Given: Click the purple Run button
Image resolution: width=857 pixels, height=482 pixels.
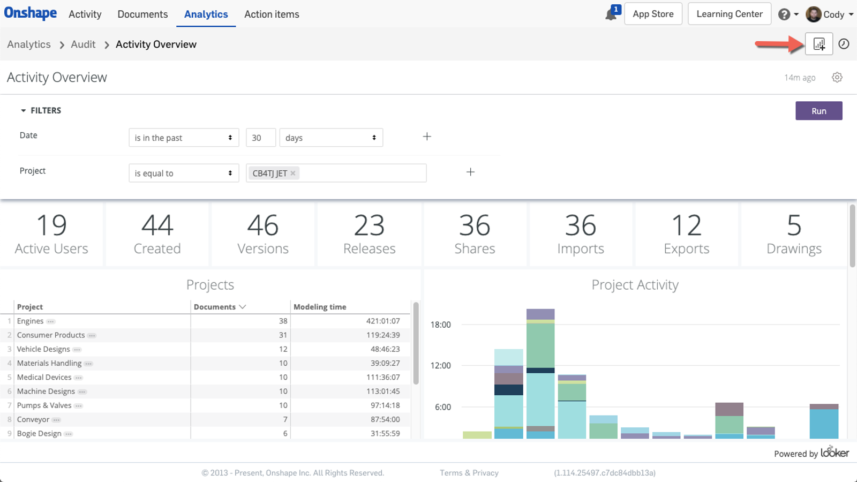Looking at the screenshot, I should [818, 111].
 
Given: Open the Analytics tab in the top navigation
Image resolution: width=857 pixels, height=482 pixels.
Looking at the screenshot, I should [206, 14].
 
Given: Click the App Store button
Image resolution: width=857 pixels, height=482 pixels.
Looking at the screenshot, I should [653, 14].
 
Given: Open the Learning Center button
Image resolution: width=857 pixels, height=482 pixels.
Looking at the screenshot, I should [729, 14].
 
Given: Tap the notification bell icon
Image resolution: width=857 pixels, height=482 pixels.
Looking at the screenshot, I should [611, 14].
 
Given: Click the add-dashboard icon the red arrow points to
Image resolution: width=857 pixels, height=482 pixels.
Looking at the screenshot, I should [819, 44].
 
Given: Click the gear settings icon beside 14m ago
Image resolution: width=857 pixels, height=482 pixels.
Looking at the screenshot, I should [837, 78].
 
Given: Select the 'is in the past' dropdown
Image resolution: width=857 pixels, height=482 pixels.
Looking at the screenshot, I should [183, 138].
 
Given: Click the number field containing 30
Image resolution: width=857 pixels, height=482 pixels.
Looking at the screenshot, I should [261, 138].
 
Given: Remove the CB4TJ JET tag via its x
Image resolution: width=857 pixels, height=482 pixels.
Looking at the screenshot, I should [293, 174].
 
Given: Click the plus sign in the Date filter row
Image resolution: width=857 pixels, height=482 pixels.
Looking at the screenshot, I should [427, 137].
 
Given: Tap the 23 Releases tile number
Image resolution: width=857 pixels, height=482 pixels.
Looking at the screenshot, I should [369, 225].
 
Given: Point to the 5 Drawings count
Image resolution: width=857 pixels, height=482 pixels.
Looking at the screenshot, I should [794, 225].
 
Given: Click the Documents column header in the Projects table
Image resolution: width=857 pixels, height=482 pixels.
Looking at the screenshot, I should [215, 307].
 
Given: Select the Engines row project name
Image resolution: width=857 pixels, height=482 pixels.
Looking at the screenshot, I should [30, 321].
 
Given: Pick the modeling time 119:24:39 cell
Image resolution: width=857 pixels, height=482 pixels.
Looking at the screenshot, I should [383, 335].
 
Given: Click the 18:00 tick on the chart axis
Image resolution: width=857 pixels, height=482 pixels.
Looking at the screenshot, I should [440, 325].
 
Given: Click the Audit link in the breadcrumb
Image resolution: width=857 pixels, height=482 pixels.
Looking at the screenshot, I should [83, 44].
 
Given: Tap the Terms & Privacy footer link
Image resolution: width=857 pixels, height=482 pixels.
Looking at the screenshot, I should [469, 473].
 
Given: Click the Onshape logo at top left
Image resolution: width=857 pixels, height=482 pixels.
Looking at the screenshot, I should [31, 13].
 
